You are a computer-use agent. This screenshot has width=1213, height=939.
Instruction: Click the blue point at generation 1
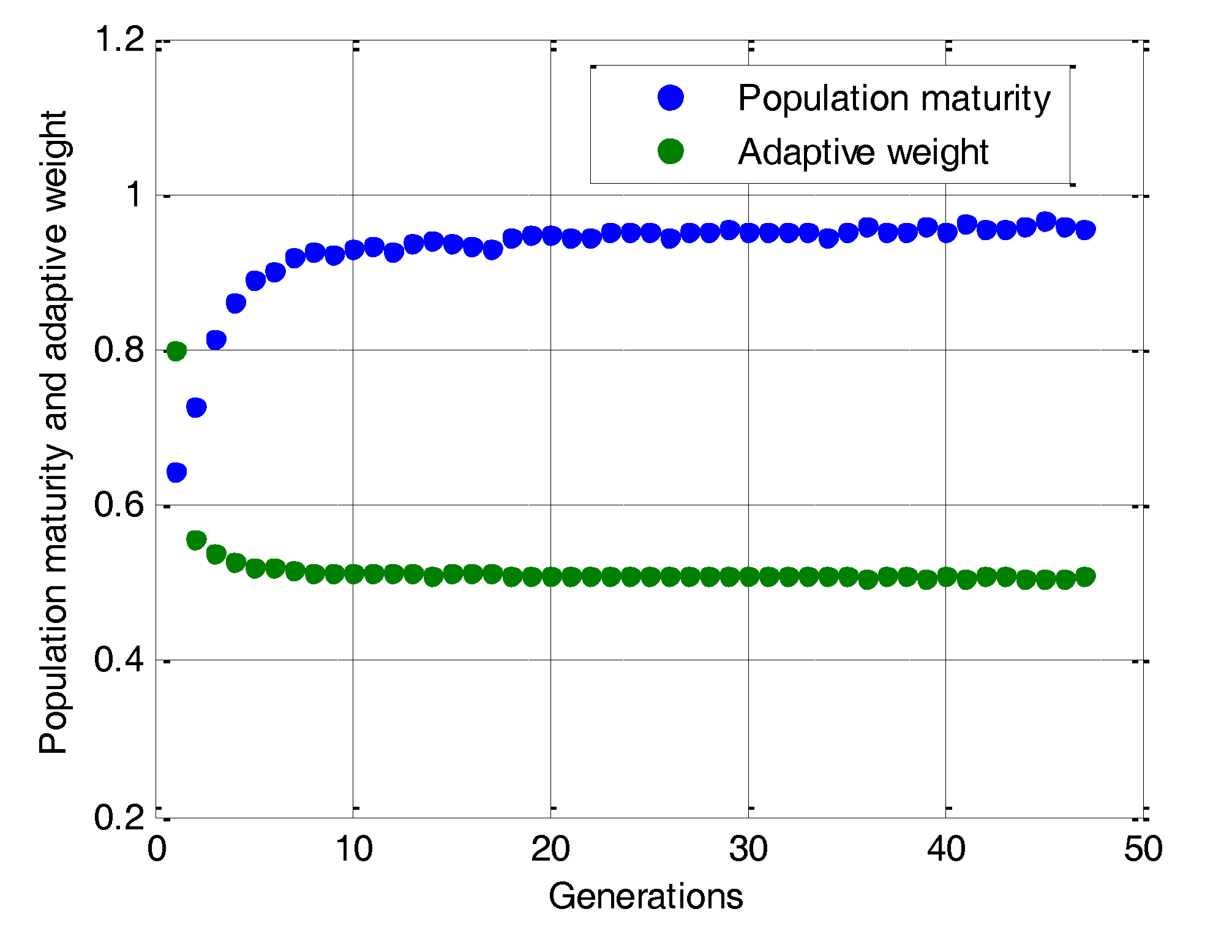(176, 472)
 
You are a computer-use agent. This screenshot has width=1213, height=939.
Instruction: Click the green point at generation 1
(176, 351)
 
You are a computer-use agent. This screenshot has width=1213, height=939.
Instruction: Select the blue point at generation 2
(196, 407)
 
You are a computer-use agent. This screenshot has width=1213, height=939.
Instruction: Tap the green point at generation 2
(196, 540)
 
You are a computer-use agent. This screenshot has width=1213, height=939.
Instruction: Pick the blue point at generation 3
(216, 339)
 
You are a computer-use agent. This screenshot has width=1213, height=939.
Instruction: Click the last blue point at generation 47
(1085, 230)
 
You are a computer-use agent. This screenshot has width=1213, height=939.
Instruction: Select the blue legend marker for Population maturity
(670, 98)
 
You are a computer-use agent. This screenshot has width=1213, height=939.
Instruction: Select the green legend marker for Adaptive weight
(670, 151)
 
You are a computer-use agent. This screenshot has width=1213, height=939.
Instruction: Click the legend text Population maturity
(893, 99)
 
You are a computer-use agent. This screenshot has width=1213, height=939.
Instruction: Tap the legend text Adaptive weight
(863, 152)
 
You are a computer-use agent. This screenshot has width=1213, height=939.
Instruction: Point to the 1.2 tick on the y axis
(119, 40)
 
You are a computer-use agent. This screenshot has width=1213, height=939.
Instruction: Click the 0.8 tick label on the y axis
(119, 350)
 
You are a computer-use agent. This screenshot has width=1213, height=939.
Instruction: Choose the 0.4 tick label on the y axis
(119, 660)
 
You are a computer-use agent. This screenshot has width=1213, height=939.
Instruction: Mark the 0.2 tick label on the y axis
(119, 816)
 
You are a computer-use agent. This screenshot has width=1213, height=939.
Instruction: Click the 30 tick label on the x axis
(748, 850)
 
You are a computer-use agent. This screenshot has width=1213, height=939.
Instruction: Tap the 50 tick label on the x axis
(1143, 850)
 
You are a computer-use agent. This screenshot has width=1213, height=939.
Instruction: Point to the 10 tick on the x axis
(353, 850)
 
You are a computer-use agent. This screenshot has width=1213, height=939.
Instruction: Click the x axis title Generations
(645, 897)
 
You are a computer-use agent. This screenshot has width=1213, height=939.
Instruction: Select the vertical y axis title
(54, 432)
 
